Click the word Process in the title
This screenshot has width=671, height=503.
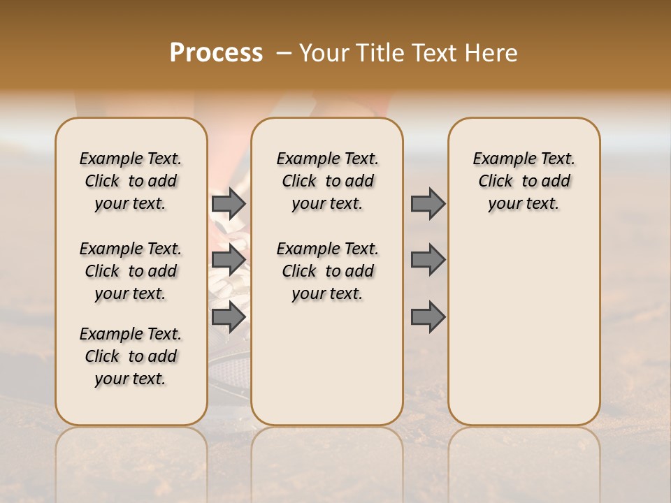216,53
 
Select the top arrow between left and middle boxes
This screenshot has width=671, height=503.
229,203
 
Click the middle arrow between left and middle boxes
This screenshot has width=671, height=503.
229,260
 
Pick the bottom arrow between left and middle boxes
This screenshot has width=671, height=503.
229,316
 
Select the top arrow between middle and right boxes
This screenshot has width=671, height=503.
428,203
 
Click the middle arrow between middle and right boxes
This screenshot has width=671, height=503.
428,260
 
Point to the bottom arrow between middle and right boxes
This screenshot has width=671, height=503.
428,316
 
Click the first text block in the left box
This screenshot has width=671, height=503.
131,181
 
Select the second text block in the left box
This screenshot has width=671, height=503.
131,271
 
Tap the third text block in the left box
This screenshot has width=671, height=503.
131,356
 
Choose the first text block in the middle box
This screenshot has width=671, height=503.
327,181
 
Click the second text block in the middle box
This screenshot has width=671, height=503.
327,271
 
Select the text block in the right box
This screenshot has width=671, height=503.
524,181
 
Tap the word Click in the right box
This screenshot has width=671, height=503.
496,182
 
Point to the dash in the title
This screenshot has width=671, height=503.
283,53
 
